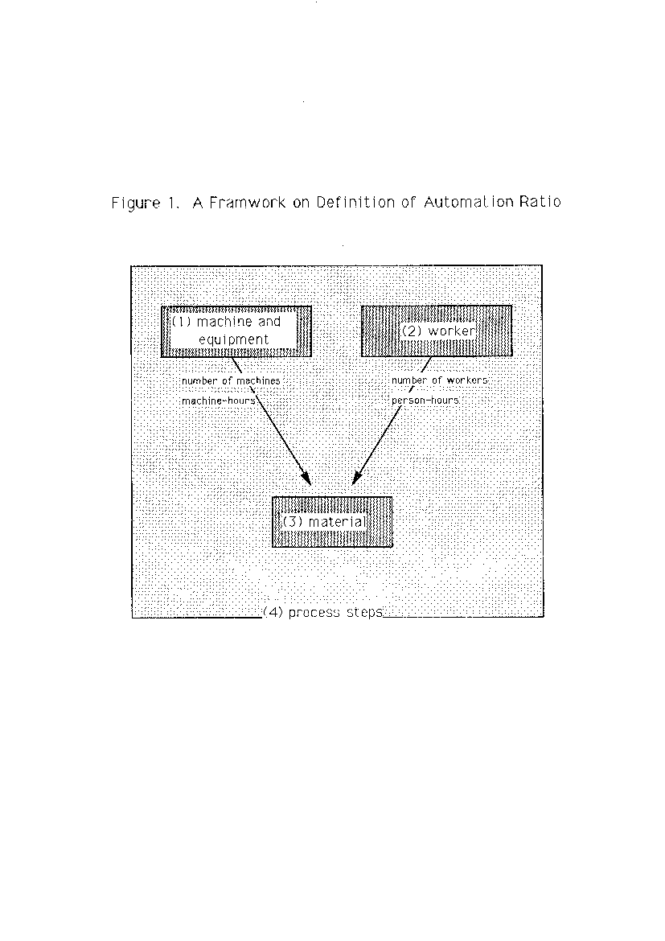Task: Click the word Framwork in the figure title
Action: pos(247,202)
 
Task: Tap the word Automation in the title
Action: pos(469,202)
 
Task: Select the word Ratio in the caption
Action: pos(540,202)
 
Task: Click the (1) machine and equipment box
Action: pos(236,331)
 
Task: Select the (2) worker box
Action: pos(437,331)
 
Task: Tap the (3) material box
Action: pos(332,521)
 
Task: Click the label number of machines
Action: pos(231,381)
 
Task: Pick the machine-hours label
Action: pos(219,401)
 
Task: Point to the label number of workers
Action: pos(439,380)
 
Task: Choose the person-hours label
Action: pos(425,401)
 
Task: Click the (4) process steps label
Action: pos(323,612)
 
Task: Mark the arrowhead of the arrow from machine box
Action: pos(306,478)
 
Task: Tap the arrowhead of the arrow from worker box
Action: pos(356,478)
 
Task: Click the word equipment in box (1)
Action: pos(233,339)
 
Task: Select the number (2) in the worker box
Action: pos(413,331)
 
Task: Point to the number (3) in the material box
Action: pos(293,521)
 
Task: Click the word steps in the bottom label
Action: pos(364,612)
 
